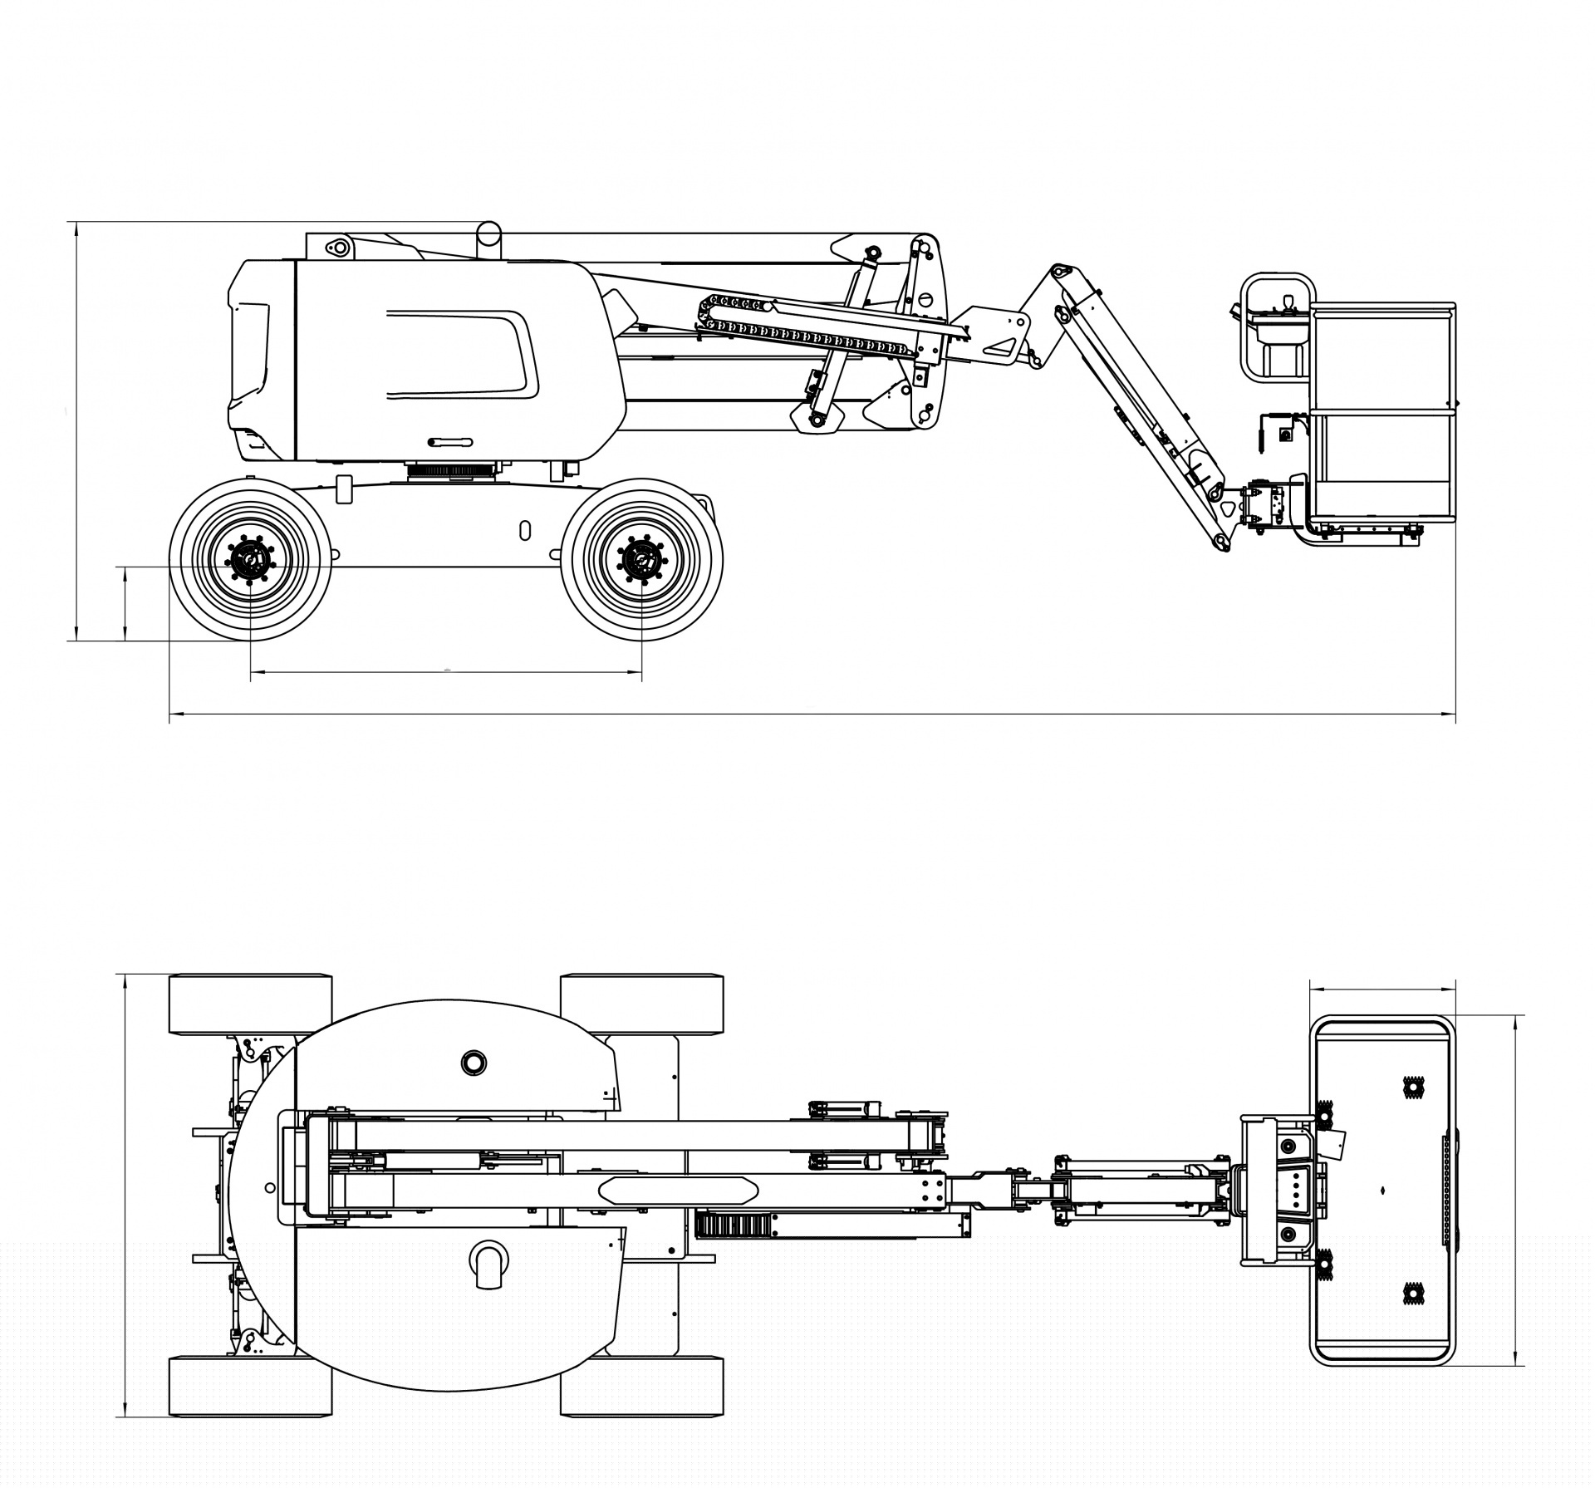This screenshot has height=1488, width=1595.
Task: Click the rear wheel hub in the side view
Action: [250, 561]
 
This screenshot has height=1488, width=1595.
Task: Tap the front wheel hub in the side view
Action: [642, 561]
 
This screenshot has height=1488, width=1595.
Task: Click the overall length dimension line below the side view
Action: [812, 713]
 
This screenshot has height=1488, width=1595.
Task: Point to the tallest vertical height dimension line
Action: [76, 432]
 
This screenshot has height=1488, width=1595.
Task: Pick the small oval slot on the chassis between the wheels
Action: [524, 530]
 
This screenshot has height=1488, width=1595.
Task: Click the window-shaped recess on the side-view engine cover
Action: [461, 353]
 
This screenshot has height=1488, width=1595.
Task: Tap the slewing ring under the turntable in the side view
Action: [453, 471]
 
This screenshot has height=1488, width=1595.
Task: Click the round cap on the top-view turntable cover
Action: [474, 1061]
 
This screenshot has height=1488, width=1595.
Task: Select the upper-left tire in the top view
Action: [250, 1004]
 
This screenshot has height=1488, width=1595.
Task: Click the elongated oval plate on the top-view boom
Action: [678, 1190]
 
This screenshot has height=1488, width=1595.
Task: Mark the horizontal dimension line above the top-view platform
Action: [1382, 989]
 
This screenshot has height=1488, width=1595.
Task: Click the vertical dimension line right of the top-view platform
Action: [1517, 1190]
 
